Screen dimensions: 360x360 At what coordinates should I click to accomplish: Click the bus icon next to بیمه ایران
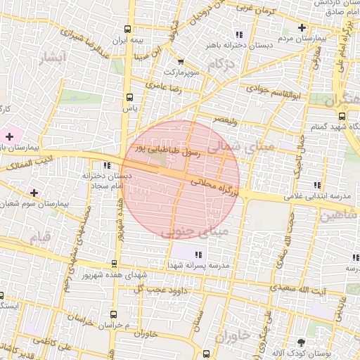tap(128, 30)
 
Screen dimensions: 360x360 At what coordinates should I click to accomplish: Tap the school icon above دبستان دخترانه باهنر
tap(239, 34)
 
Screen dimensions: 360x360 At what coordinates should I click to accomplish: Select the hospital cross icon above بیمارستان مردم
tap(302, 28)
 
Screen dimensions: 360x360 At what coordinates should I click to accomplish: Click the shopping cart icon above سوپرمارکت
tap(181, 61)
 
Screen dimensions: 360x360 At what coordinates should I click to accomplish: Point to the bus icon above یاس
tap(129, 97)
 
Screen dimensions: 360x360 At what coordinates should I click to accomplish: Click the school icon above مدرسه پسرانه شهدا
tap(199, 254)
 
